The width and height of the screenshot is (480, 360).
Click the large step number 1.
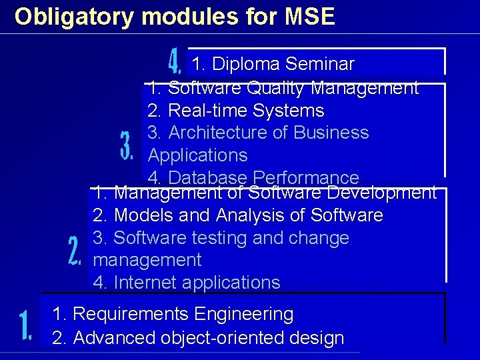25,326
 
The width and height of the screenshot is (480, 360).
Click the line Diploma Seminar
273,65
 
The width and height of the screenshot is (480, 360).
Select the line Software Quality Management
283,88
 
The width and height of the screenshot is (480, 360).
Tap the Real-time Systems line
236,111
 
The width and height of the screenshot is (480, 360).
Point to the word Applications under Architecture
198,155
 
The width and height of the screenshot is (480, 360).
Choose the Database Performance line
253,178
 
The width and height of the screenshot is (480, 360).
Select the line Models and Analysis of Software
238,216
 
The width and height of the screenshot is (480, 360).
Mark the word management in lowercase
147,260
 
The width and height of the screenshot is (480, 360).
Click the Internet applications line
187,283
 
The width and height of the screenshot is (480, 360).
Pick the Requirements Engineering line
173,314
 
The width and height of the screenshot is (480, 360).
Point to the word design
317,338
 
